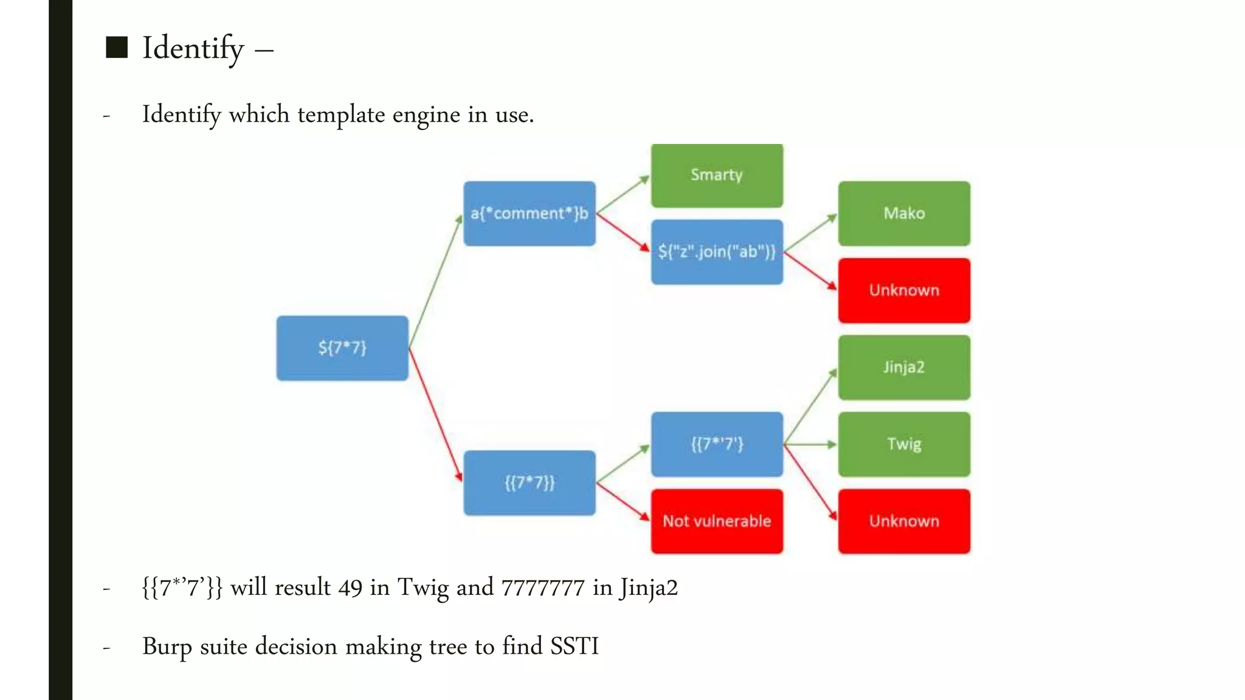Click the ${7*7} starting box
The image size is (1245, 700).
pyautogui.click(x=342, y=348)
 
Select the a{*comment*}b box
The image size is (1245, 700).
pyautogui.click(x=529, y=213)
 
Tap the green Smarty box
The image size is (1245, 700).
pyautogui.click(x=717, y=176)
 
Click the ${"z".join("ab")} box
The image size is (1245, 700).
pyautogui.click(x=717, y=252)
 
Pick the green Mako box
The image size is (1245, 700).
pyautogui.click(x=904, y=213)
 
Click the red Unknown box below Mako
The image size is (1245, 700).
pyautogui.click(x=904, y=290)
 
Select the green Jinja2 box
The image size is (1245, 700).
pyautogui.click(x=904, y=367)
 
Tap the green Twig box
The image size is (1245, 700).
pyautogui.click(x=904, y=444)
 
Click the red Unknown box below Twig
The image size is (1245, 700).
pyautogui.click(x=904, y=521)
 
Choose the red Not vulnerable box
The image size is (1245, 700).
pyautogui.click(x=717, y=521)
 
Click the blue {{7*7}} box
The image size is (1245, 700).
pyautogui.click(x=529, y=483)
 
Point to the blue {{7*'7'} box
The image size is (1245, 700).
pyautogui.click(x=717, y=444)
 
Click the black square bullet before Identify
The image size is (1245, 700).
pyautogui.click(x=117, y=47)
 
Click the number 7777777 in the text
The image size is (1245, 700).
pyautogui.click(x=542, y=588)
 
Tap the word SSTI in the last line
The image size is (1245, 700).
pyautogui.click(x=574, y=647)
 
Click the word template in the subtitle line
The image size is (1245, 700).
pyautogui.click(x=341, y=115)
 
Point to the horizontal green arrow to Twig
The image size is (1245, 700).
pyautogui.click(x=810, y=444)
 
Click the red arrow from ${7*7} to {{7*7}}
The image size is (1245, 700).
pyautogui.click(x=435, y=416)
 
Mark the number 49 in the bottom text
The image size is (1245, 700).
pyautogui.click(x=350, y=588)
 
